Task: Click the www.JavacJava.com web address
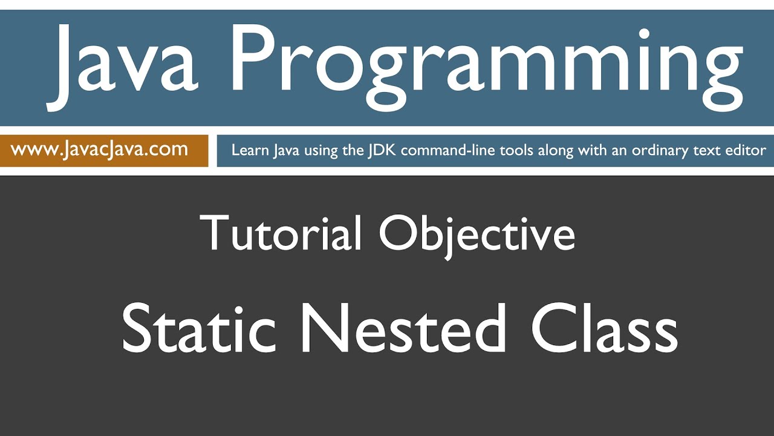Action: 99,150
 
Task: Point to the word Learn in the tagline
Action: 249,151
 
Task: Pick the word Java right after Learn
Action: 287,151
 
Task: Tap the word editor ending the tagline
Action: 746,151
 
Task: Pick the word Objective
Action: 476,234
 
